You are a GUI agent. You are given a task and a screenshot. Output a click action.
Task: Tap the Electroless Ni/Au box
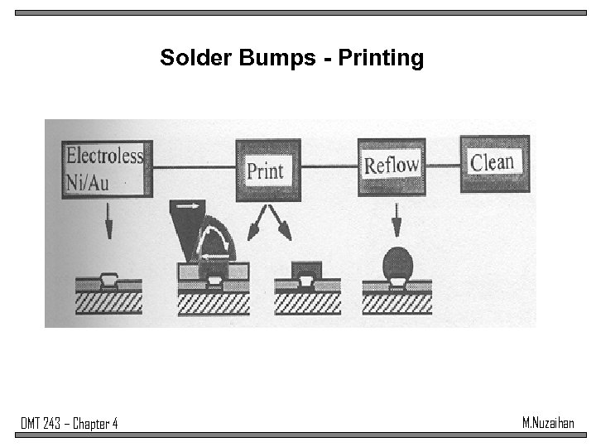point(104,167)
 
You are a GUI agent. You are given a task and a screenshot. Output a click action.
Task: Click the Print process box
point(265,171)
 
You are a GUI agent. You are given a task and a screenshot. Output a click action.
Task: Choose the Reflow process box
point(391,165)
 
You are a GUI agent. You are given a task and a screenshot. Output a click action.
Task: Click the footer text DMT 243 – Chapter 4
point(70,424)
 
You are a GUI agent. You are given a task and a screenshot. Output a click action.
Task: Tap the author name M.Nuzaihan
point(548,423)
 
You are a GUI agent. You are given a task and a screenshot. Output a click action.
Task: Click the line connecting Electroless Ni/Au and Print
point(193,168)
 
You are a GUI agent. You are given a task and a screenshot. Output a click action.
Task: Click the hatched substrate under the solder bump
point(397,304)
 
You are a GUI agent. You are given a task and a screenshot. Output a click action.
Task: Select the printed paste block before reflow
point(307,268)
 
